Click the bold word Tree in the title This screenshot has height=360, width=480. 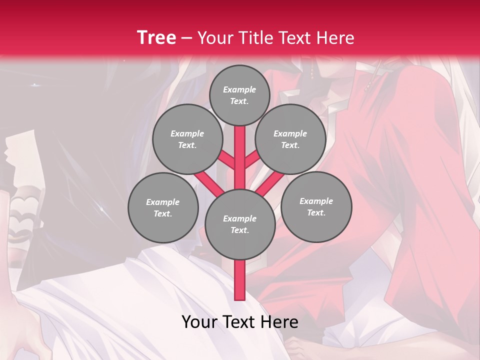pos(156,38)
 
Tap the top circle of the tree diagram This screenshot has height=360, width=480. pos(239,95)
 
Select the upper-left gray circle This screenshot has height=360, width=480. pos(187,139)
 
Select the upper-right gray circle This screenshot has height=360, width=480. pos(290,139)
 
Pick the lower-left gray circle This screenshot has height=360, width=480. pos(163,207)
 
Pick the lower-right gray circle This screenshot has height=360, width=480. pos(316,206)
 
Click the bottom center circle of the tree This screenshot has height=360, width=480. pos(240,224)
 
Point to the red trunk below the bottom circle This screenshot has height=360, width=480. pos(240,280)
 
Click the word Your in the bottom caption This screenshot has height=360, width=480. pos(199,322)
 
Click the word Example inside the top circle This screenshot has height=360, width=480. pos(239,89)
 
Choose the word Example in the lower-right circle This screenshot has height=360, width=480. pos(316,201)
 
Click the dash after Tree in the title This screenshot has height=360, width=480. pos(186,38)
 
